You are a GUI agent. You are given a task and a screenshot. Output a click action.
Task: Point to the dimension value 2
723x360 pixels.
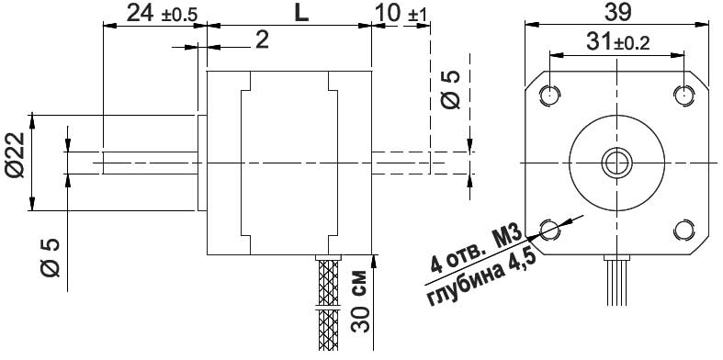[261, 39]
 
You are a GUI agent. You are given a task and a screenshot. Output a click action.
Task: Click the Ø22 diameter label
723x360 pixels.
[13, 162]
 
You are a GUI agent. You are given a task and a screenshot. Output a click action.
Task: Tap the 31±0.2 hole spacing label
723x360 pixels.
[616, 41]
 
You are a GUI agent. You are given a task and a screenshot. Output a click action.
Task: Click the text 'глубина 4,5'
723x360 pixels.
[482, 276]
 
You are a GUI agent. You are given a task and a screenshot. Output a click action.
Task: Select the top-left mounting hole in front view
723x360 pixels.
[550, 95]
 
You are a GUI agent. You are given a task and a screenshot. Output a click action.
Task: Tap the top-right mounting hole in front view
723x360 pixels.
[683, 95]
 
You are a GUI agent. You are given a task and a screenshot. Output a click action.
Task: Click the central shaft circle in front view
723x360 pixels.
[616, 162]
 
